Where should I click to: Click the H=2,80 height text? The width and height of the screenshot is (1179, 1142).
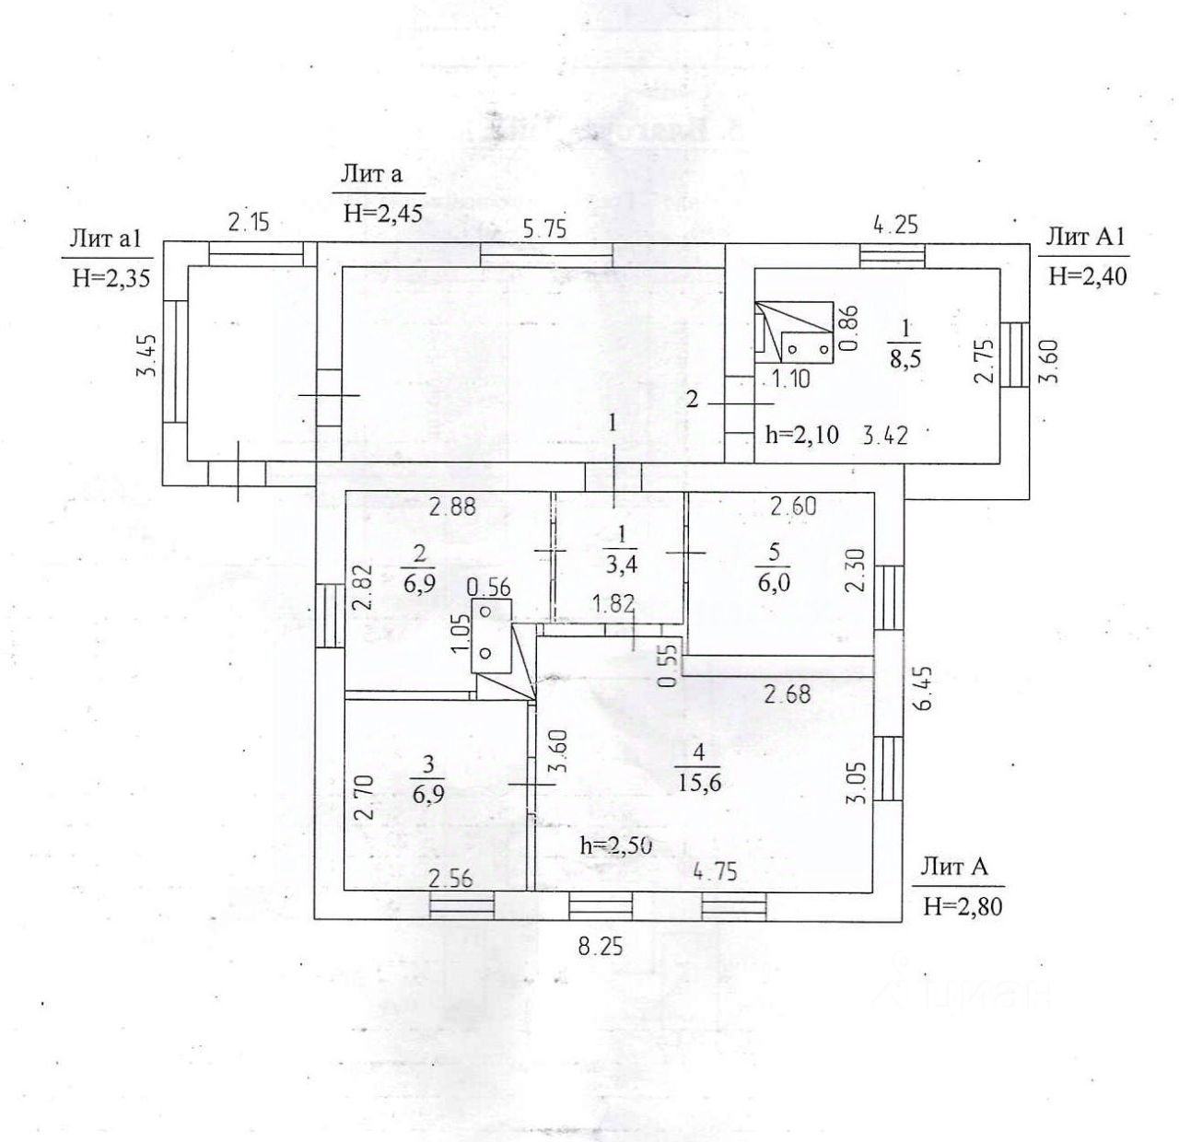point(962,907)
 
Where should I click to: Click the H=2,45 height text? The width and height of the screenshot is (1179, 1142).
point(382,213)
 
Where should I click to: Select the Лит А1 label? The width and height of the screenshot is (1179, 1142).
point(1085,238)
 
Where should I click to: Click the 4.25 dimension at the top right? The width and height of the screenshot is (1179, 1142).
point(895,224)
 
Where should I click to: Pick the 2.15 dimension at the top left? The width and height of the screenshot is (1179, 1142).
point(249,223)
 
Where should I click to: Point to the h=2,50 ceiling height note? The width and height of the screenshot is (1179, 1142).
point(616,845)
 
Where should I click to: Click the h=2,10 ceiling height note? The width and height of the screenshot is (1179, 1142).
point(801,435)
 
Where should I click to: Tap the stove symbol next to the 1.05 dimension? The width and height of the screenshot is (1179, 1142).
point(490,634)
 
